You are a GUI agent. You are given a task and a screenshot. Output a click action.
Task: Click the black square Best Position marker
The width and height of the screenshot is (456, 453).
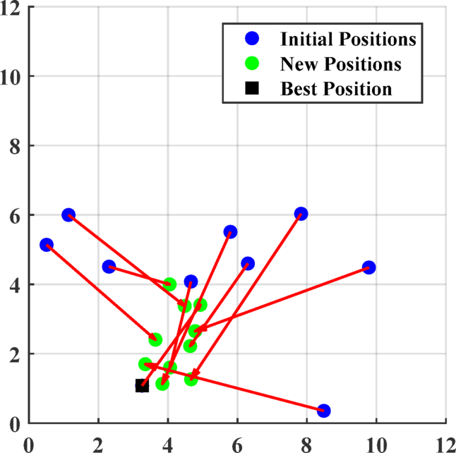click(x=142, y=385)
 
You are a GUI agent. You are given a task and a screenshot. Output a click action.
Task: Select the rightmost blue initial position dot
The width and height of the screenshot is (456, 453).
click(x=368, y=267)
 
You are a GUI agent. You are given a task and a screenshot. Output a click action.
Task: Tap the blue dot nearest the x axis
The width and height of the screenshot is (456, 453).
click(x=324, y=411)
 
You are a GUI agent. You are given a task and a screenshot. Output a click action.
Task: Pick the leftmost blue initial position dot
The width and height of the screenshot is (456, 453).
click(x=47, y=245)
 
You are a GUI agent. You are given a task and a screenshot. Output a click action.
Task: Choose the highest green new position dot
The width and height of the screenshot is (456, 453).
click(x=169, y=284)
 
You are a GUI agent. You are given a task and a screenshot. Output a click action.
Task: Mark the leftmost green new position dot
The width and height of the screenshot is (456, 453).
click(x=145, y=364)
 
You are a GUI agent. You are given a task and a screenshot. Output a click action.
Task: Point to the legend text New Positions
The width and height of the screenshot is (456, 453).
click(x=341, y=64)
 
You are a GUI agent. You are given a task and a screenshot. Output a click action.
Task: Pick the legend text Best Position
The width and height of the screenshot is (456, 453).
click(x=335, y=90)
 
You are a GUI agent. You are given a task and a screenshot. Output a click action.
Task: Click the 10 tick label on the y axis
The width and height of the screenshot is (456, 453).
click(x=14, y=76)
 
